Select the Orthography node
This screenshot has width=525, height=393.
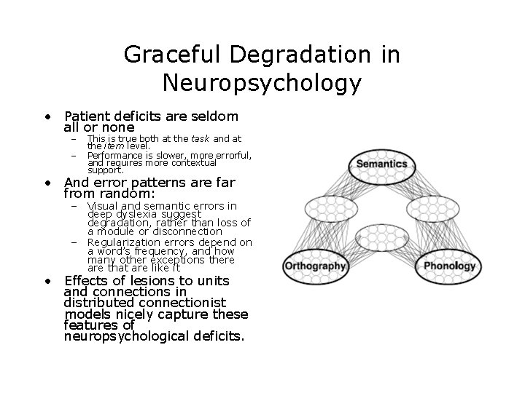(x=316, y=266)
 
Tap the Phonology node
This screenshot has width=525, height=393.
(x=448, y=266)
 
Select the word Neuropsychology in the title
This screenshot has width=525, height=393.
(x=262, y=83)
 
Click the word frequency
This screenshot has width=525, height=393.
(x=155, y=251)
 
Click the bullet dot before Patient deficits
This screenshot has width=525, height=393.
(x=47, y=116)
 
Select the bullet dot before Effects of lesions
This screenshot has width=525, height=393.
(x=47, y=281)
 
